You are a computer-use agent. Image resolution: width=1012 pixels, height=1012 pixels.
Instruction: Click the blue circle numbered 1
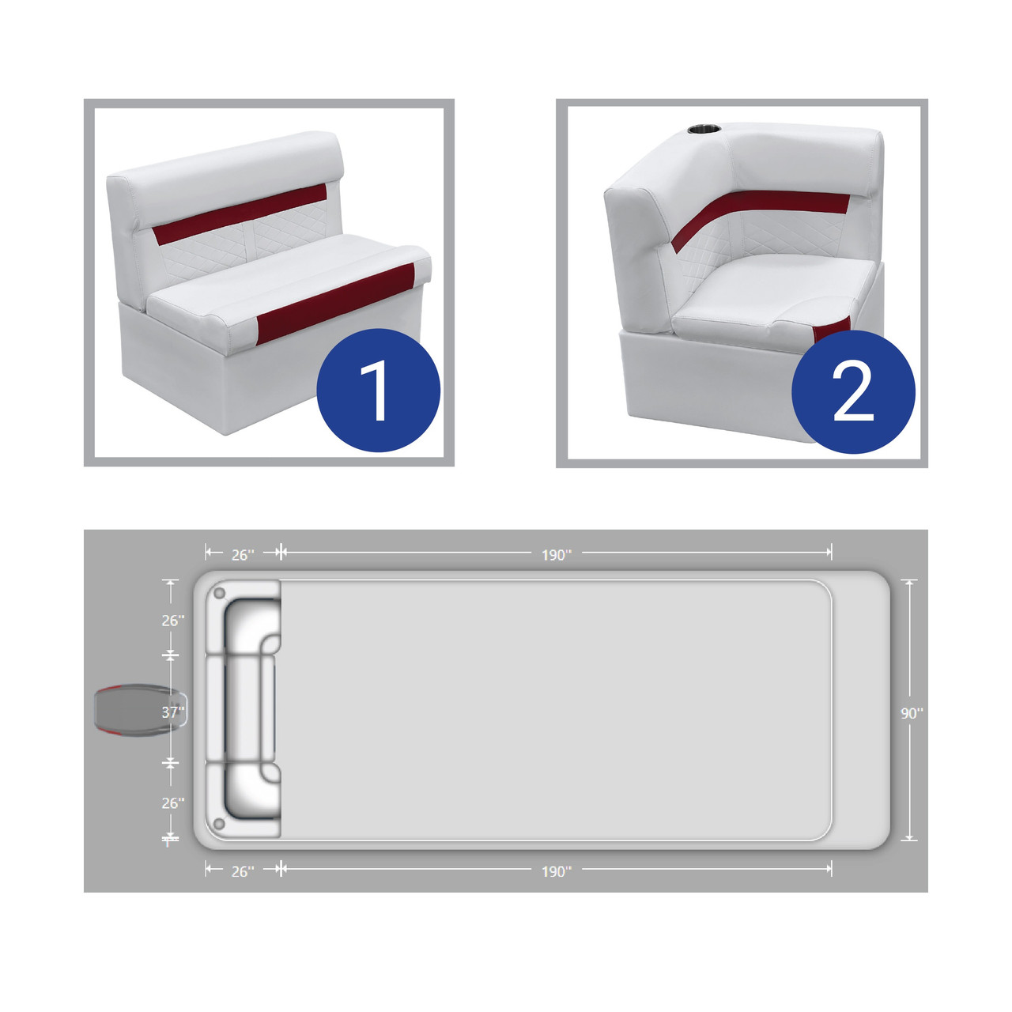[x=378, y=391]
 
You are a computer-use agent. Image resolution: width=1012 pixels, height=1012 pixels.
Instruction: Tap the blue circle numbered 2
[x=853, y=392]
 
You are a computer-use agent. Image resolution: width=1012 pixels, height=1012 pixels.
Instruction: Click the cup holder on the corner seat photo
[x=704, y=129]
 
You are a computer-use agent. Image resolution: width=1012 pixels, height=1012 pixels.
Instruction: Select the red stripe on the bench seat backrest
[x=240, y=214]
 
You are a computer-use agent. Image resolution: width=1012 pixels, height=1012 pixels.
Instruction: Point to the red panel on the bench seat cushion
[x=336, y=304]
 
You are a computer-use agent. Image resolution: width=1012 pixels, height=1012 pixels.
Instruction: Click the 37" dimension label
[x=173, y=712]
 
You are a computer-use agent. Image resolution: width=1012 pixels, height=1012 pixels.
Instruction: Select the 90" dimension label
[x=912, y=713]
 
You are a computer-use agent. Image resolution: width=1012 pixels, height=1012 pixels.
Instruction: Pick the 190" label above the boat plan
[x=556, y=555]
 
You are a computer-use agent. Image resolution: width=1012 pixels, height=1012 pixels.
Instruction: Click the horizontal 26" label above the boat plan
[x=243, y=555]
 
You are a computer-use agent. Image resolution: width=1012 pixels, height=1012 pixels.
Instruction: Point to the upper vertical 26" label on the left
[x=173, y=621]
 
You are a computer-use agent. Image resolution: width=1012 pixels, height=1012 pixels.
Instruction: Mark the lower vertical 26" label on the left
[x=173, y=803]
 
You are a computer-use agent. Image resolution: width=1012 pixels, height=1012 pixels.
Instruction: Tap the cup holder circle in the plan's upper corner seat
[x=219, y=594]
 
